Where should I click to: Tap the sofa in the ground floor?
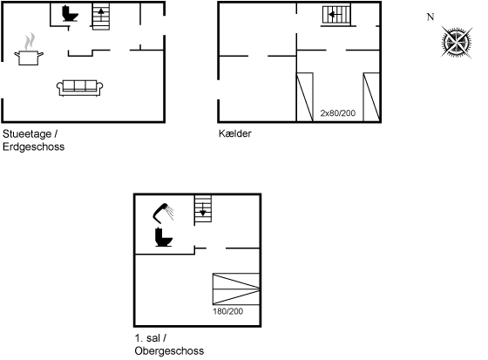79,88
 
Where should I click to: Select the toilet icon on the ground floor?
70,13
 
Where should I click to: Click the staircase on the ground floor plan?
101,17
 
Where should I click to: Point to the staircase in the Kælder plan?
336,15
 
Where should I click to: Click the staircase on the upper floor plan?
203,208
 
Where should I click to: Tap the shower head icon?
163,214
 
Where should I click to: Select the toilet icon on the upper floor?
164,237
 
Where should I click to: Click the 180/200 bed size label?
227,311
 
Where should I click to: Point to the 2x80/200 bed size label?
338,113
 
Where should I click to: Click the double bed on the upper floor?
236,289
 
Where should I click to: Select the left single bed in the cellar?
305,97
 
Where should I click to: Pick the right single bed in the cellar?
371,97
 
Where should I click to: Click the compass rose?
457,43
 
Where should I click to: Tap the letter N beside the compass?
430,17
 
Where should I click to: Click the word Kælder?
235,133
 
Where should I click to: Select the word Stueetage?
27,134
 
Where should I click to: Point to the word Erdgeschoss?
34,146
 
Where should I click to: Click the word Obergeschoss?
169,351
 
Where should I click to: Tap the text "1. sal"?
147,338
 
